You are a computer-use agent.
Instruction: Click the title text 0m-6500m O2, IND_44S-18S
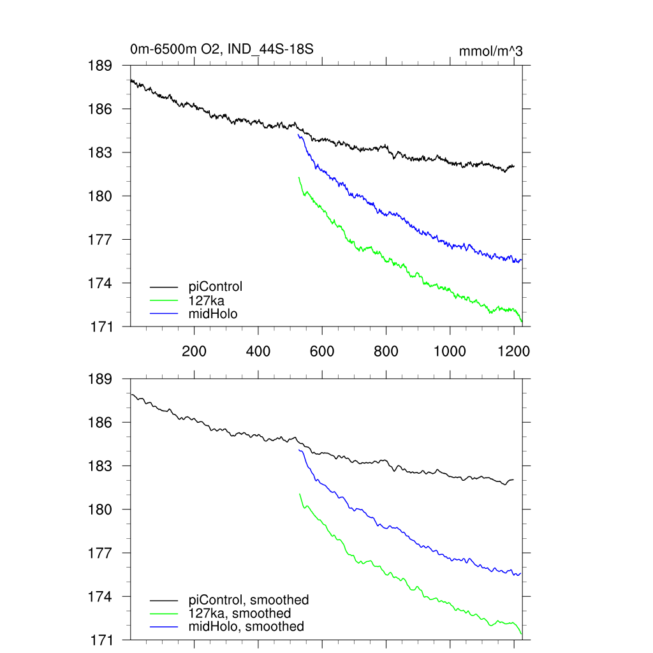tap(221, 49)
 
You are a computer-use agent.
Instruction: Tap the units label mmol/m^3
tap(490, 51)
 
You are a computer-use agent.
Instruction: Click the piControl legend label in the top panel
tap(216, 286)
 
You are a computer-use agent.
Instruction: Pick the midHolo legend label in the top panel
tap(213, 313)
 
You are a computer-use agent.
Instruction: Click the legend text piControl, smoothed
tap(249, 599)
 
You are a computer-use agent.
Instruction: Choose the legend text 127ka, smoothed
tap(240, 613)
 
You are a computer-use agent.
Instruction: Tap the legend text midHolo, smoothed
tap(246, 626)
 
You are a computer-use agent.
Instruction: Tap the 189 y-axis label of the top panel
tap(100, 66)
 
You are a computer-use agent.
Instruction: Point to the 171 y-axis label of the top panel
tap(100, 326)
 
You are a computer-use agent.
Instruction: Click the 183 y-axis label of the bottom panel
tap(100, 466)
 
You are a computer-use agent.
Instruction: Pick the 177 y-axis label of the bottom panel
tap(100, 553)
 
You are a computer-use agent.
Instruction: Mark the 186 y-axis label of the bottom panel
tap(100, 423)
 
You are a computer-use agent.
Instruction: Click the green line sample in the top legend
tap(164, 300)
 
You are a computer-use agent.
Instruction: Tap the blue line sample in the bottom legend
tap(164, 627)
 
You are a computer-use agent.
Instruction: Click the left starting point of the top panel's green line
tap(299, 178)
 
